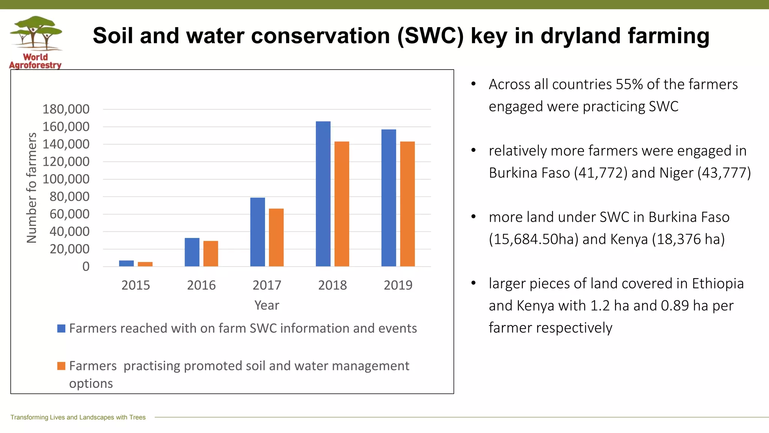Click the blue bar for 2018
point(323,194)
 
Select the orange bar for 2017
point(276,238)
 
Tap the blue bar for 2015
point(126,263)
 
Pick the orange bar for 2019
point(407,204)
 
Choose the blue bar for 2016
point(192,252)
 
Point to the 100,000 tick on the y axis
point(66,179)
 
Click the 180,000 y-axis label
point(66,109)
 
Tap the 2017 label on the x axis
point(267,285)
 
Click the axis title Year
point(267,305)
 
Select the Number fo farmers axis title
point(32,188)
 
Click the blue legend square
point(61,329)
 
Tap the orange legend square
point(61,366)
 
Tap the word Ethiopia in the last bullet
point(718,283)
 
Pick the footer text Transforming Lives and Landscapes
point(78,417)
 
